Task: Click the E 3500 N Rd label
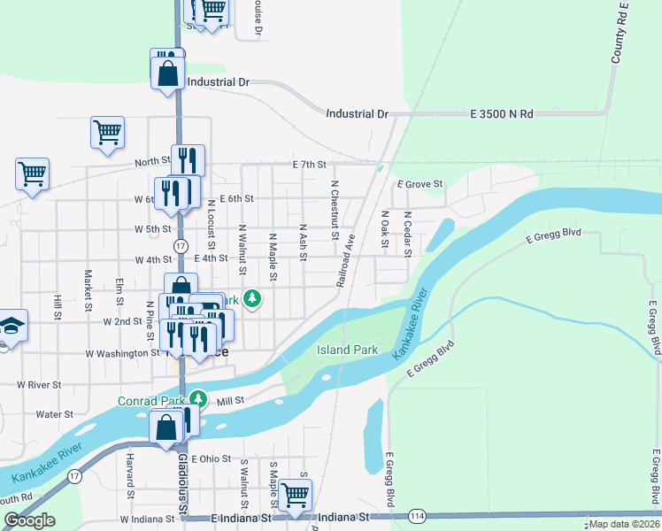pos(502,114)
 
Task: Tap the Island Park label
pos(348,350)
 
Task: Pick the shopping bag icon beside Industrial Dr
pos(167,71)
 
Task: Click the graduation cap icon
pos(12,326)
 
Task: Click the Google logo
pos(29,520)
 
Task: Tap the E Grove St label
pos(420,184)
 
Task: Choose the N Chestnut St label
pos(335,211)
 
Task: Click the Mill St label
pos(230,401)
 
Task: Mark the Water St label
pos(54,413)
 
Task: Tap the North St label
pos(152,162)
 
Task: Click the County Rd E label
pos(620,33)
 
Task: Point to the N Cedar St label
pos(408,233)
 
